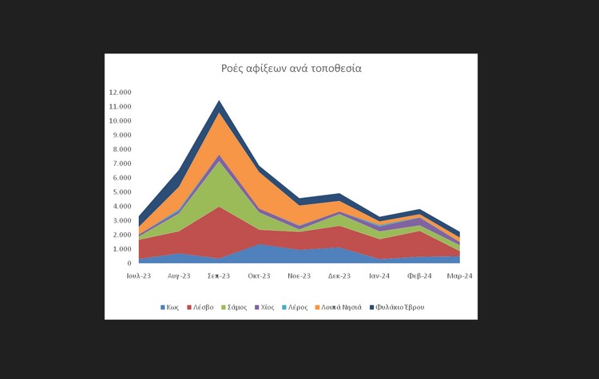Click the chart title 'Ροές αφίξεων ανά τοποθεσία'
pyautogui.click(x=291, y=69)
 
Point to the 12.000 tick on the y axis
pyautogui.click(x=119, y=93)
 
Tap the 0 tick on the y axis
pyautogui.click(x=127, y=263)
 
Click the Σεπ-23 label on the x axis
pyautogui.click(x=219, y=276)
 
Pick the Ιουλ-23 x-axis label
pyautogui.click(x=139, y=276)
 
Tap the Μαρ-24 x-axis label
pyautogui.click(x=459, y=276)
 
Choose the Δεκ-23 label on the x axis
pyautogui.click(x=339, y=276)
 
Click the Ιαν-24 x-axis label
pyautogui.click(x=379, y=276)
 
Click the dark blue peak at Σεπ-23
pyautogui.click(x=219, y=107)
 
